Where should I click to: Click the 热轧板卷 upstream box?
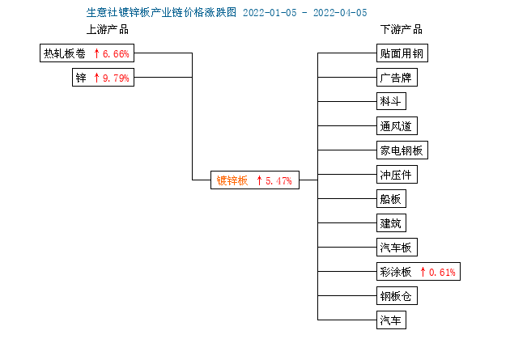click(87, 53)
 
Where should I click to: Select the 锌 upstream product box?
click(103, 78)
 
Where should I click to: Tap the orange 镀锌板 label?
click(232, 180)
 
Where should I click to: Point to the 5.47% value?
click(278, 180)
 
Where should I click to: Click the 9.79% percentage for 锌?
click(116, 78)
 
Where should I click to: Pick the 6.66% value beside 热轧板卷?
click(116, 53)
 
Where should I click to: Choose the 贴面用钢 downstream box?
click(402, 53)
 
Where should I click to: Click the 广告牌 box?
click(397, 78)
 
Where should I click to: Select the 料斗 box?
click(391, 101)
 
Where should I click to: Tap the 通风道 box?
click(397, 125)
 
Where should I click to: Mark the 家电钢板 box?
click(402, 150)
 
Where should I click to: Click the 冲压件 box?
click(397, 175)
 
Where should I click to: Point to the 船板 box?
click(391, 198)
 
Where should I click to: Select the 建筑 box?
click(391, 223)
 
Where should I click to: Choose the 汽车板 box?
click(397, 248)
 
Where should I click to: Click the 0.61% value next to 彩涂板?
click(442, 272)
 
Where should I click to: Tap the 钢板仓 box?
click(397, 295)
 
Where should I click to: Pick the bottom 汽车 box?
click(391, 320)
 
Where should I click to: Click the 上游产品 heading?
click(108, 29)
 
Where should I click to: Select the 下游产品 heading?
click(402, 29)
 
